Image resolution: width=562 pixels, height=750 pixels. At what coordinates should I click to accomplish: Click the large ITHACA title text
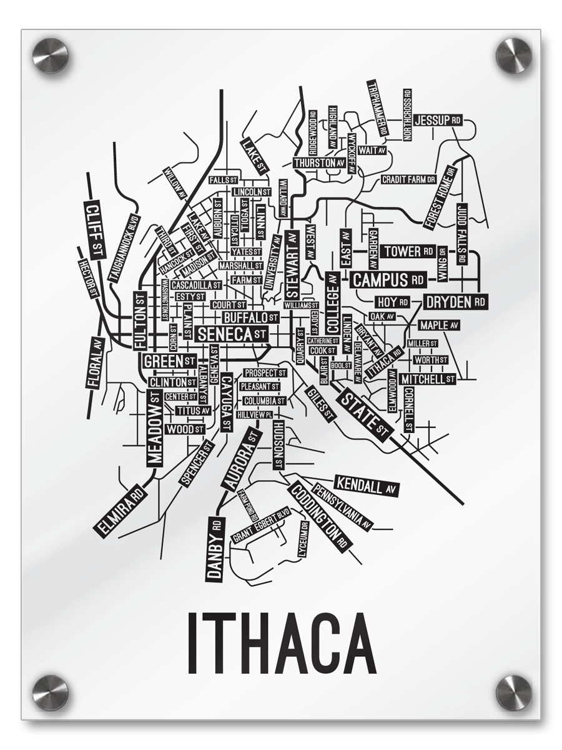point(281,644)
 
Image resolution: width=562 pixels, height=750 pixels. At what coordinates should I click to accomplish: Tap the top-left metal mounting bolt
point(50,55)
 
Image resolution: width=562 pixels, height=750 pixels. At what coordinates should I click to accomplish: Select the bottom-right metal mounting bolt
point(513,692)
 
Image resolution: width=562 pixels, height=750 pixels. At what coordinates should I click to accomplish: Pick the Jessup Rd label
point(438,119)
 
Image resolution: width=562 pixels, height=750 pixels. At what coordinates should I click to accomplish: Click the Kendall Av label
point(367,485)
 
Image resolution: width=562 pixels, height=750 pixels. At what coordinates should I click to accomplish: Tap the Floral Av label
point(95,363)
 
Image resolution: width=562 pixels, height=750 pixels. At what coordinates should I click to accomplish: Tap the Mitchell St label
point(427,379)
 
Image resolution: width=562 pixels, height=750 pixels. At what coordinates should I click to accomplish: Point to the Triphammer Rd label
point(378,108)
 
